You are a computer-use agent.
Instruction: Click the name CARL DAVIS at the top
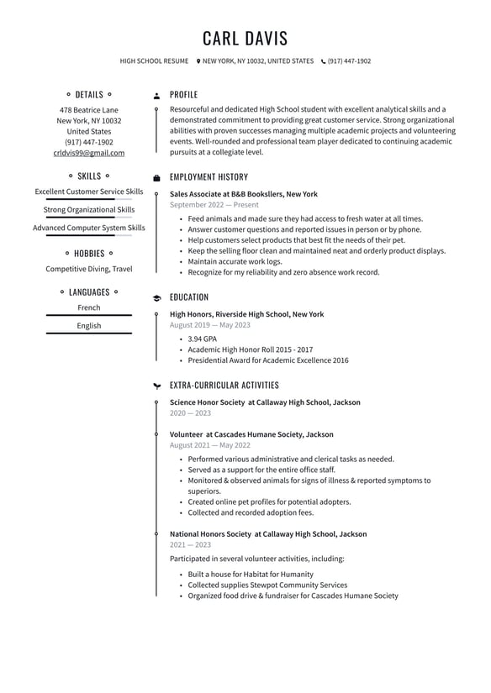pos(245,39)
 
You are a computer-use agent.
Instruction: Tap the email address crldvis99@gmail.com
pos(89,153)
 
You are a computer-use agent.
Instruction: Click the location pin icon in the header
pos(198,61)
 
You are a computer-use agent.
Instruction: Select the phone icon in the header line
pos(323,61)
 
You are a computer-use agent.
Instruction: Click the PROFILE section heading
pos(183,95)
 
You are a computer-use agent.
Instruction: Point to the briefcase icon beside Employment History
pos(156,178)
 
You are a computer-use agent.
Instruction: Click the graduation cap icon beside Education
pos(156,297)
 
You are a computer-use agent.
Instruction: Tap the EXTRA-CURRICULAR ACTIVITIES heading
pos(224,386)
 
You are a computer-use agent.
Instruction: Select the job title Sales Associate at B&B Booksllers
pos(243,194)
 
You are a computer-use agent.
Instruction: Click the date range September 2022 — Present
pos(214,205)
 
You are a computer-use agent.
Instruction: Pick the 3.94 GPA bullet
pos(202,339)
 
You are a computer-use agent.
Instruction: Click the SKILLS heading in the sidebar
pos(89,176)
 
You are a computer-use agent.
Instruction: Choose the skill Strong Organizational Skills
pos(89,210)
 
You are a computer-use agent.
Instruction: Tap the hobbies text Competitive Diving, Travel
pos(89,269)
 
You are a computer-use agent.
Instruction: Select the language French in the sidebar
pos(89,307)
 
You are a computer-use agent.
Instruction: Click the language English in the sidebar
pos(89,326)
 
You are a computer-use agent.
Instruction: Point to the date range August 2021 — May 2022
pos(209,445)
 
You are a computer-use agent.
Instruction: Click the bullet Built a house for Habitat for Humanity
pos(250,575)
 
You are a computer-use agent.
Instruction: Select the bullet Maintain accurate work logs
pos(235,261)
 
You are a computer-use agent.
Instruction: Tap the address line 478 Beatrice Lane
pos(89,110)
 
